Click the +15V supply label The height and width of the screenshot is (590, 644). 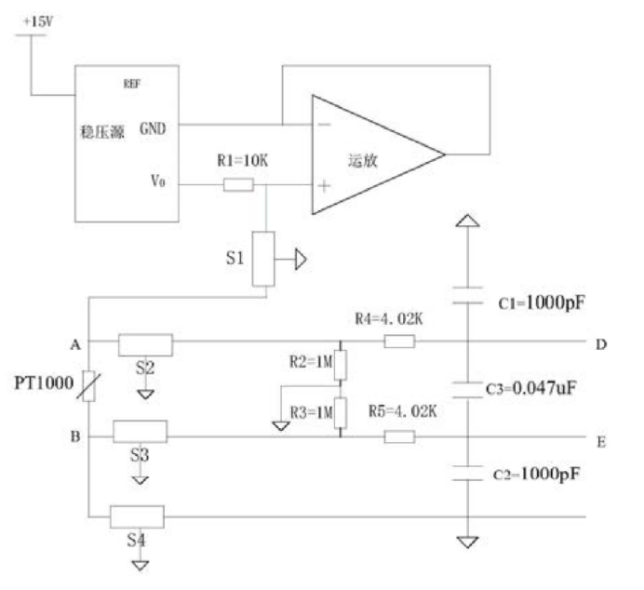(x=38, y=21)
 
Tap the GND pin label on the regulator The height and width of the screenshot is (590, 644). (x=153, y=128)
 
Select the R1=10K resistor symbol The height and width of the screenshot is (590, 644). (x=238, y=185)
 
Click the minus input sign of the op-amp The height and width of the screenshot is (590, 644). (x=325, y=125)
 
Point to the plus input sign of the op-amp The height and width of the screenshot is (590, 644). (x=325, y=186)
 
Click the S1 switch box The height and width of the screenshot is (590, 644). (x=263, y=259)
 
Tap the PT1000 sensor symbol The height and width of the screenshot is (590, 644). (x=89, y=385)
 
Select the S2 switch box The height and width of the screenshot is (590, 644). (x=145, y=345)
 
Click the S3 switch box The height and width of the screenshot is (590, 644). (x=140, y=432)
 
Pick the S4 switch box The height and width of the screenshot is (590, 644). (x=137, y=516)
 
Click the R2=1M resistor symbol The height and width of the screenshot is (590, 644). (x=340, y=365)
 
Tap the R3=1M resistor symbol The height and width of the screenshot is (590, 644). (x=340, y=412)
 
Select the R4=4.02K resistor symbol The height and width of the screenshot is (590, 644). (x=399, y=342)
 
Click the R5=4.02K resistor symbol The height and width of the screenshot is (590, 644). (x=399, y=436)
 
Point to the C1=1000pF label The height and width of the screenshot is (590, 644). (x=542, y=303)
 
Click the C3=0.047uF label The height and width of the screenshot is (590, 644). (x=531, y=388)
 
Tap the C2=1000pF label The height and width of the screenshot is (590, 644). (x=536, y=474)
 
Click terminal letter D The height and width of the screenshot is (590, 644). (x=601, y=344)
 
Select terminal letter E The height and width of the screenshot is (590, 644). (x=601, y=442)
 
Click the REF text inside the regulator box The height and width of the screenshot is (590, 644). (x=132, y=84)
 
